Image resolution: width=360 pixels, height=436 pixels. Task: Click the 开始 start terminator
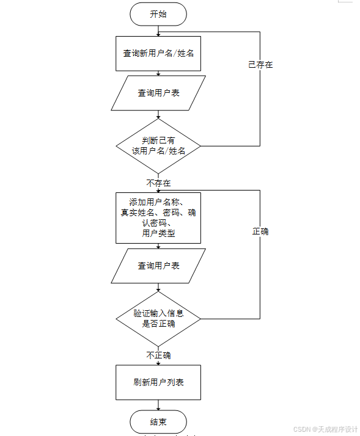tap(158, 14)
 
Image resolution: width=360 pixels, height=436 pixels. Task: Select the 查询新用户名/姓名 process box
tap(158, 53)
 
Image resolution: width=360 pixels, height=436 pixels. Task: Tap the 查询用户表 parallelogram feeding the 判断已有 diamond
tap(158, 93)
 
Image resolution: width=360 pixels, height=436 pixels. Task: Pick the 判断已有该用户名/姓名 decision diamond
tap(158, 146)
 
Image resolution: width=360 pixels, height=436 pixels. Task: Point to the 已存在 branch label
tap(260, 64)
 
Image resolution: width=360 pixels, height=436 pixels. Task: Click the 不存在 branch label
tap(158, 183)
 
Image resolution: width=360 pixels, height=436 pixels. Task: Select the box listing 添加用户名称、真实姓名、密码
tap(158, 218)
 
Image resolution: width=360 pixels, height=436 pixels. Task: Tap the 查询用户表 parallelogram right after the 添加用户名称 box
tap(158, 266)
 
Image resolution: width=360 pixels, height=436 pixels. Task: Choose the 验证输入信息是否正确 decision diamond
tap(158, 319)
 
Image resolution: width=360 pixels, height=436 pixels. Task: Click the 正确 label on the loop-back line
tap(260, 231)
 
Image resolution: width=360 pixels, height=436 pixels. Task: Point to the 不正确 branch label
tap(158, 355)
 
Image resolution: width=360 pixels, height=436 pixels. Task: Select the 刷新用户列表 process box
tap(158, 383)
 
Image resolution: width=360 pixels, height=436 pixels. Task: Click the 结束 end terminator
tap(158, 422)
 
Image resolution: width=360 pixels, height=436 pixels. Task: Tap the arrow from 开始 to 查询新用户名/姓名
tap(158, 31)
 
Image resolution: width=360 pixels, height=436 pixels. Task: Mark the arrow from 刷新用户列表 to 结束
tap(158, 405)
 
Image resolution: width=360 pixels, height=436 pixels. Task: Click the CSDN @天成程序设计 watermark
tap(325, 429)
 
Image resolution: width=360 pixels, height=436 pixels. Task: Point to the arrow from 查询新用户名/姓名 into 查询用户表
tap(158, 73)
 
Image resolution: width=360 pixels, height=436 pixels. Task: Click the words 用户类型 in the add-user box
tap(158, 233)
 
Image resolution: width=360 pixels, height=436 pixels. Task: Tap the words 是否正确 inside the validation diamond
tap(158, 324)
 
